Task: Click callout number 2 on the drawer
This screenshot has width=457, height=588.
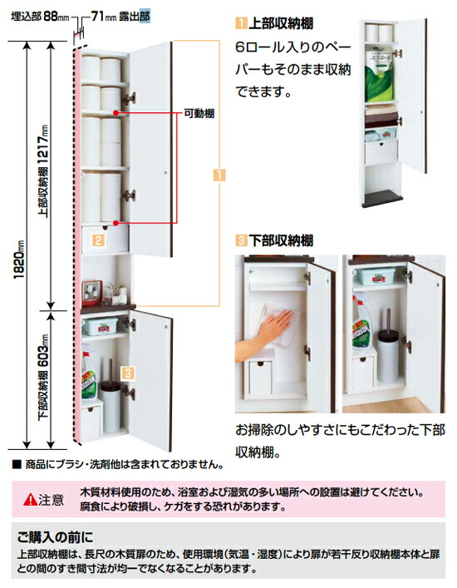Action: point(98,240)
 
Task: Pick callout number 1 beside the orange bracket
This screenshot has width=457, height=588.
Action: point(218,175)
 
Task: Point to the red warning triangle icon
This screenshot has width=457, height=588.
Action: point(30,499)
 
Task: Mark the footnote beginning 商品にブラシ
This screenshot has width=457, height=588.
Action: point(116,462)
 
